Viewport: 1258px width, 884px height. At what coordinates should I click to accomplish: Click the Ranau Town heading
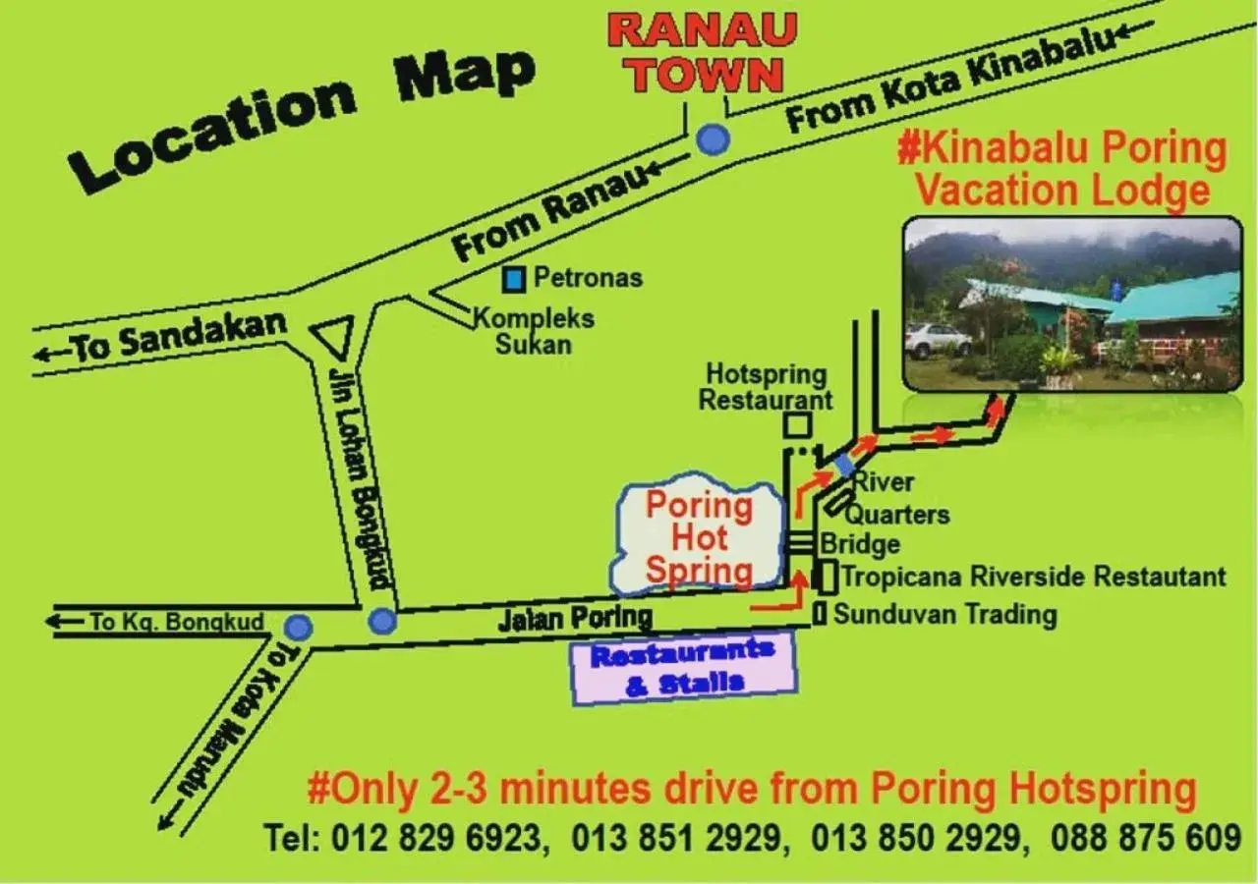(x=702, y=53)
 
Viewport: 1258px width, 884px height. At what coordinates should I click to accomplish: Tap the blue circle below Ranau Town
(x=713, y=140)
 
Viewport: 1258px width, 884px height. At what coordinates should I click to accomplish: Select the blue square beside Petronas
(x=513, y=280)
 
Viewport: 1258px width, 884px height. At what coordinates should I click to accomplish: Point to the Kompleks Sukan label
(x=535, y=331)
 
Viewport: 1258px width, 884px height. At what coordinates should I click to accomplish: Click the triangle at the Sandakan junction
(x=332, y=336)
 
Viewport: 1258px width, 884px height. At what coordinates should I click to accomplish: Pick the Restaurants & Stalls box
(x=684, y=668)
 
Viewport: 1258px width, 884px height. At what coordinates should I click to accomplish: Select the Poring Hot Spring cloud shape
(x=699, y=536)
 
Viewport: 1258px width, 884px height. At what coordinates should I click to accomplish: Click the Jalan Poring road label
(x=575, y=618)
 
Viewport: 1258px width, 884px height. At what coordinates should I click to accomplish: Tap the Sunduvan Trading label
(x=944, y=615)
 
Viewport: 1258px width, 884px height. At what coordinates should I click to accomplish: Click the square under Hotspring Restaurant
(x=796, y=425)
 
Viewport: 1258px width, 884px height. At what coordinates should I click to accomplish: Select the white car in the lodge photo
(x=937, y=341)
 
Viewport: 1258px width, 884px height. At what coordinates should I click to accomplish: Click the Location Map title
(x=305, y=118)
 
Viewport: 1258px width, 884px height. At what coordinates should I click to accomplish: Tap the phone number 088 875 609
(x=1146, y=838)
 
